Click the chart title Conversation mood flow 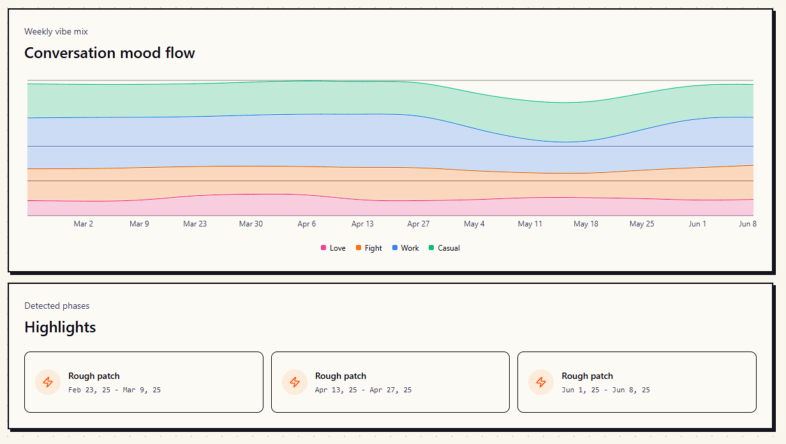click(x=109, y=53)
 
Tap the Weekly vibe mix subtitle click(x=56, y=31)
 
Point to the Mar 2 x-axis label click(x=84, y=224)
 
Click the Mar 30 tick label click(x=251, y=224)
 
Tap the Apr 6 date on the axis click(x=307, y=224)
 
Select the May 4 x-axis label click(x=474, y=224)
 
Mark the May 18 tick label click(x=586, y=224)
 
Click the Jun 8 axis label click(x=748, y=224)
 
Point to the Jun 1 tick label click(x=697, y=224)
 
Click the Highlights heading click(x=60, y=327)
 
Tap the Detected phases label click(x=57, y=306)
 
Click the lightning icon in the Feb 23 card click(x=48, y=382)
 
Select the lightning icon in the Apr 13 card click(x=295, y=382)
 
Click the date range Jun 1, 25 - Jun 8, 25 click(x=605, y=390)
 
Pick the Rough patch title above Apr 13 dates click(x=341, y=376)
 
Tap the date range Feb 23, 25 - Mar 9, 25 click(x=114, y=390)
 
